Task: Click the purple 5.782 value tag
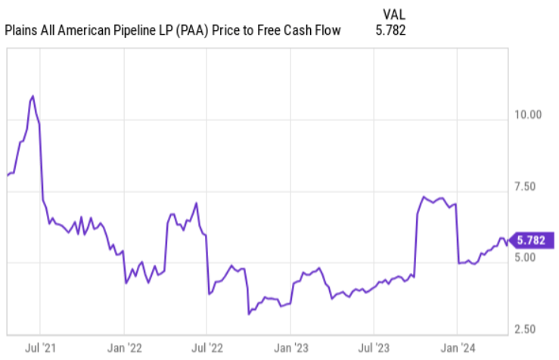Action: pos(533,241)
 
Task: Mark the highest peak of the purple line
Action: pos(33,96)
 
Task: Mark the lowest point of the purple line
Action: pos(249,313)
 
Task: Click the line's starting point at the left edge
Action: pos(7,175)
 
